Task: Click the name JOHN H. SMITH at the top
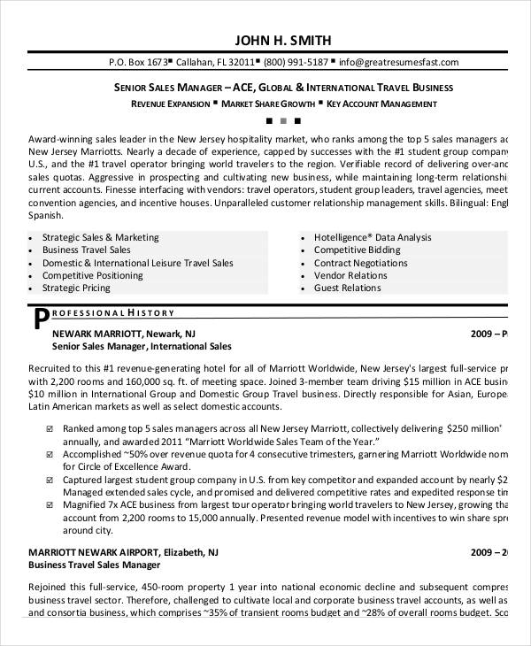click(x=283, y=40)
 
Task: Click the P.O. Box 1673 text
click(x=138, y=63)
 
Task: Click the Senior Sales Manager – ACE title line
click(x=283, y=88)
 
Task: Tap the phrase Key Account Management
click(x=382, y=104)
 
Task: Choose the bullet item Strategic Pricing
click(x=76, y=288)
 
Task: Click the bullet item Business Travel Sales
click(x=86, y=250)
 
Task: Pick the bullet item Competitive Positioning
click(x=92, y=275)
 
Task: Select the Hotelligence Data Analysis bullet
click(x=373, y=238)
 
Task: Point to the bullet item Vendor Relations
click(x=350, y=275)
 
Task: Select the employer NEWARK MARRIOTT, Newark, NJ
click(x=124, y=334)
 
